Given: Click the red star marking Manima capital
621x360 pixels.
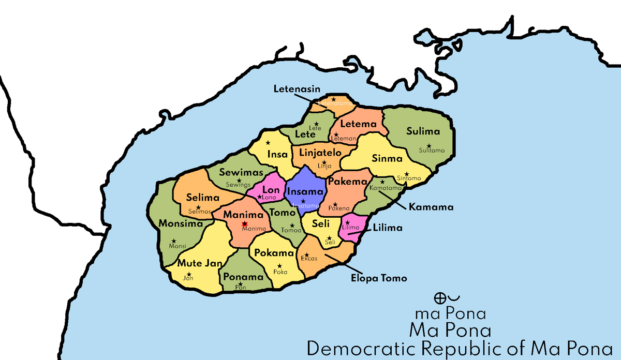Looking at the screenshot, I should click(245, 223).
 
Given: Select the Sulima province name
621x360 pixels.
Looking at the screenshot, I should click(423, 131).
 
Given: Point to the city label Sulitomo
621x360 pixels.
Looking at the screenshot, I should click(432, 151).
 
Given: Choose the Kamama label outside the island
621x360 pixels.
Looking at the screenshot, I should click(431, 207).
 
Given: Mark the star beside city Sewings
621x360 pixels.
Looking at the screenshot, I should click(239, 179).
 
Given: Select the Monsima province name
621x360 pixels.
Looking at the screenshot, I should click(180, 224).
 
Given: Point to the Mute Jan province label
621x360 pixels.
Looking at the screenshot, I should click(200, 263).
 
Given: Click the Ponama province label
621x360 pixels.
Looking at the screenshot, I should click(243, 277).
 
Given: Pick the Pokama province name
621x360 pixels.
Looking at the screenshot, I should click(274, 253).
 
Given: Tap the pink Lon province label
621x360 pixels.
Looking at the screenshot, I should click(271, 190).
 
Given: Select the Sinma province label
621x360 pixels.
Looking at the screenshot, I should click(387, 159).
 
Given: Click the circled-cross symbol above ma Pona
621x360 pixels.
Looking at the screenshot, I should click(439, 298).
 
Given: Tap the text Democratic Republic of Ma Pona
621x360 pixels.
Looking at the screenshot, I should click(459, 348).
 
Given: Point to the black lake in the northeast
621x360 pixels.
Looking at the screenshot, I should click(457, 43).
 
